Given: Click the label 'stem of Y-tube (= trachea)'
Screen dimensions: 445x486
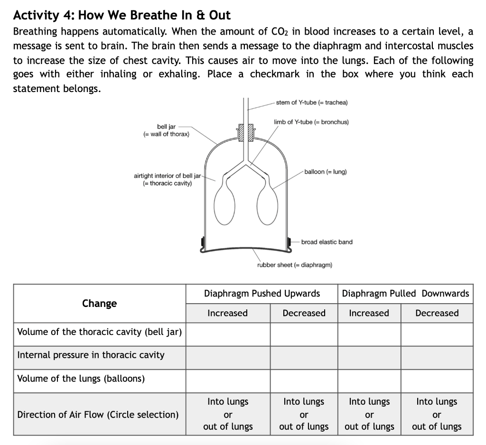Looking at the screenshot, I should [x=312, y=102].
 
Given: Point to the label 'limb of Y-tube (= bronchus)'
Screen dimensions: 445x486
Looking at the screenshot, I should [x=311, y=122].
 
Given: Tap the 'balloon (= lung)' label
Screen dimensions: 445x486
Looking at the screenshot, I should [x=325, y=171].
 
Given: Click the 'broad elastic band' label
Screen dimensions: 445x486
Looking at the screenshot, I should [x=327, y=242].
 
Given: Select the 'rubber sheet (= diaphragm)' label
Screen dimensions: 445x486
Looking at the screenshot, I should [x=294, y=265].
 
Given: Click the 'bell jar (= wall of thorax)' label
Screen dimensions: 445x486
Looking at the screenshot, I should [x=166, y=130].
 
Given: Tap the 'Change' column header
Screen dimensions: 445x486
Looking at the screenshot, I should [x=99, y=304].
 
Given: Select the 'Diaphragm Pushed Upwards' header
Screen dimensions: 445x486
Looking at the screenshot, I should [x=262, y=294].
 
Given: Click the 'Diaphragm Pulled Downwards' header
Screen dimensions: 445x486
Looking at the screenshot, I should [x=405, y=294].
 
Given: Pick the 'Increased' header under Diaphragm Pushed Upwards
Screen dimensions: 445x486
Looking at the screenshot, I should [x=227, y=313].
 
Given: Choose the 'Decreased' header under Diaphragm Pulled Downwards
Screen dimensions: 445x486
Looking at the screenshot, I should [x=437, y=313].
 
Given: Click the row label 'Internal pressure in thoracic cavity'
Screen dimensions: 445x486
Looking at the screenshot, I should [x=91, y=355].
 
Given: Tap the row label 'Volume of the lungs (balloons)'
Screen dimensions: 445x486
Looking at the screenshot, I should [x=81, y=379].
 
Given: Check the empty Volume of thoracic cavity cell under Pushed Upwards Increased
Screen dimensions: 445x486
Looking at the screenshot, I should [x=228, y=334].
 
